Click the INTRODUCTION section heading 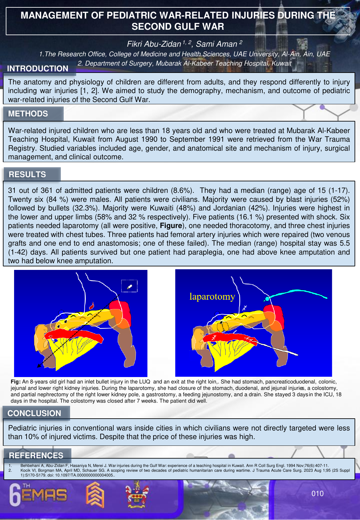(37, 68)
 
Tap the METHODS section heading (28, 114)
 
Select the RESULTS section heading (27, 174)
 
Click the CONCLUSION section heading (34, 413)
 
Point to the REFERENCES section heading (36, 455)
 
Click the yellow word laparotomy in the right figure (212, 296)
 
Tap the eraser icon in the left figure (129, 287)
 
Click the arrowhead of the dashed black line (39, 366)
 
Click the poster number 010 (317, 493)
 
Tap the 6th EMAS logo (38, 495)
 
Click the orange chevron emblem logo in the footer (95, 495)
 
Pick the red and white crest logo (137, 495)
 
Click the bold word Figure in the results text (171, 226)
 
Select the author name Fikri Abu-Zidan (154, 44)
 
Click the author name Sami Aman (216, 44)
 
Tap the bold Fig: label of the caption (16, 382)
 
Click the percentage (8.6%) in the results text (182, 191)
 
